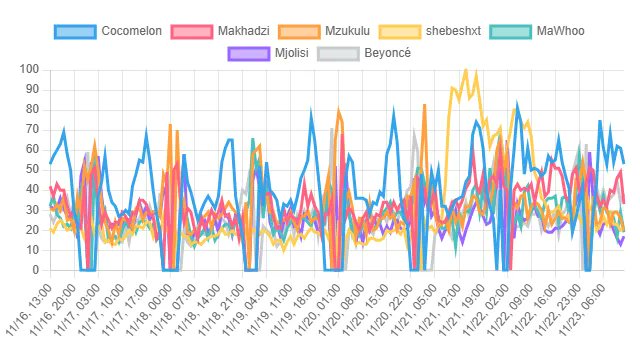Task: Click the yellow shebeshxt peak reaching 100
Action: pos(464,70)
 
